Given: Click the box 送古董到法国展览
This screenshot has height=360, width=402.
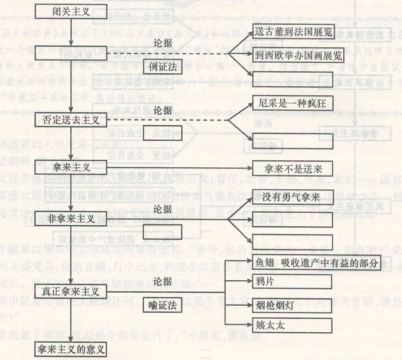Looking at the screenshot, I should point(291,31).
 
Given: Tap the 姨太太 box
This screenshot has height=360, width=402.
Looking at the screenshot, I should point(270,324).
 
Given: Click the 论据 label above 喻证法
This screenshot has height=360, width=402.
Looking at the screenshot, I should point(161,278).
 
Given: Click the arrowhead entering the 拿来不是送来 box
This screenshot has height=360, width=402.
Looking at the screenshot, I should point(249,167).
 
